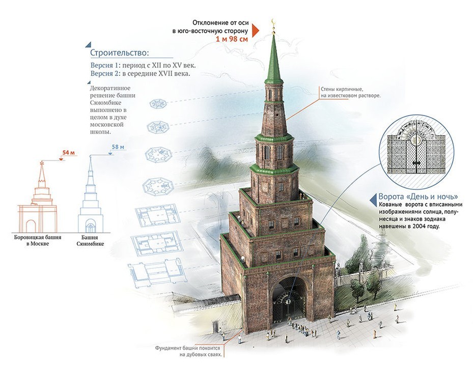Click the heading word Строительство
120,52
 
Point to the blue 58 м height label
118,148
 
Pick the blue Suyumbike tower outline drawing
91,196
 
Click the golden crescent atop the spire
273,23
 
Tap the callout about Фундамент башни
188,351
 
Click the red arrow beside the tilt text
256,31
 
